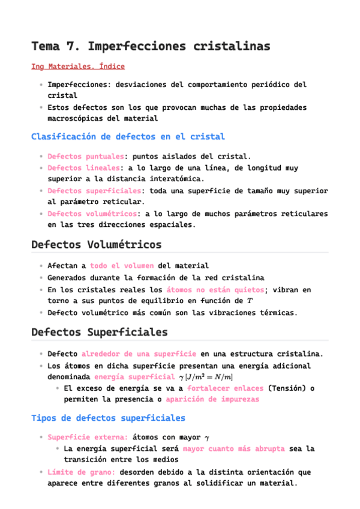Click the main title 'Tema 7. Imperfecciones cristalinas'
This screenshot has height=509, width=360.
(151, 46)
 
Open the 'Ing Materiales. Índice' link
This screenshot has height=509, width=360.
(78, 66)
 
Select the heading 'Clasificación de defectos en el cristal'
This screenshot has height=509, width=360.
(128, 137)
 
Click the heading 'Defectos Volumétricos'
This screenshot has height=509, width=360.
(96, 245)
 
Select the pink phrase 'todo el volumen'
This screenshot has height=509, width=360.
(122, 265)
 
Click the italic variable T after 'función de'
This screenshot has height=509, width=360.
(250, 301)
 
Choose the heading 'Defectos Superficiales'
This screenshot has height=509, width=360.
(99, 332)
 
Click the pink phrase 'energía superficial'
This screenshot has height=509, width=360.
(134, 377)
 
